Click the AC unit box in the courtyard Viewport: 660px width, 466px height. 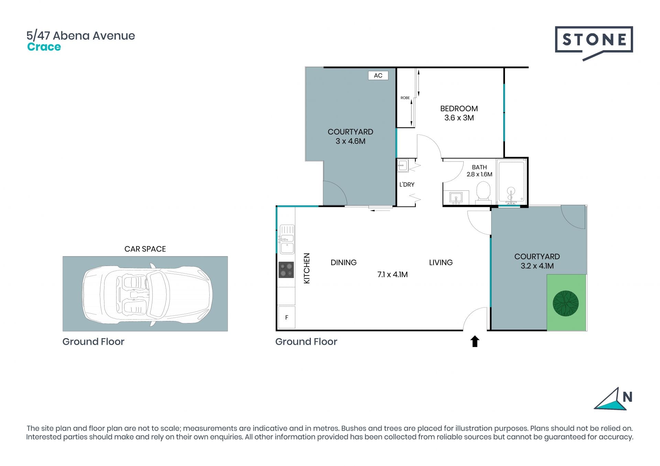click(378, 75)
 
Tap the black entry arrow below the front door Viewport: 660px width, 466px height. click(475, 341)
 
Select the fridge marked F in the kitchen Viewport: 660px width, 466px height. click(286, 317)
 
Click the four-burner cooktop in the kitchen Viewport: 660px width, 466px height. click(286, 270)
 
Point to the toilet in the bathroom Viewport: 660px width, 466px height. click(483, 191)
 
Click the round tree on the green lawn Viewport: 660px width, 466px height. click(565, 303)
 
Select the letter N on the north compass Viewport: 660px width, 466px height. click(627, 397)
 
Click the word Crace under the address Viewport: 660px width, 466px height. click(44, 47)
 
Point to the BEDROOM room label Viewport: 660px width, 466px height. click(459, 109)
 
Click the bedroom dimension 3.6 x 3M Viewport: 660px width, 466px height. click(459, 118)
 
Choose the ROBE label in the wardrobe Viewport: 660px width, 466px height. click(405, 98)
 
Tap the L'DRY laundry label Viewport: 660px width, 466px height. click(407, 185)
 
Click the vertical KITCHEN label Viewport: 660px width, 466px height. click(307, 268)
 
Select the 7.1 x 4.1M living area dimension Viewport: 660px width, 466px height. click(393, 275)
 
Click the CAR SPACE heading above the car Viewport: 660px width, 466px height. click(145, 249)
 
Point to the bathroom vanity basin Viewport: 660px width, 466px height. click(456, 198)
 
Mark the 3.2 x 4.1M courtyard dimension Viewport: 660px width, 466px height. click(537, 266)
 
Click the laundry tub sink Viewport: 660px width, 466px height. click(403, 165)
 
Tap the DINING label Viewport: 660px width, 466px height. click(343, 263)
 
